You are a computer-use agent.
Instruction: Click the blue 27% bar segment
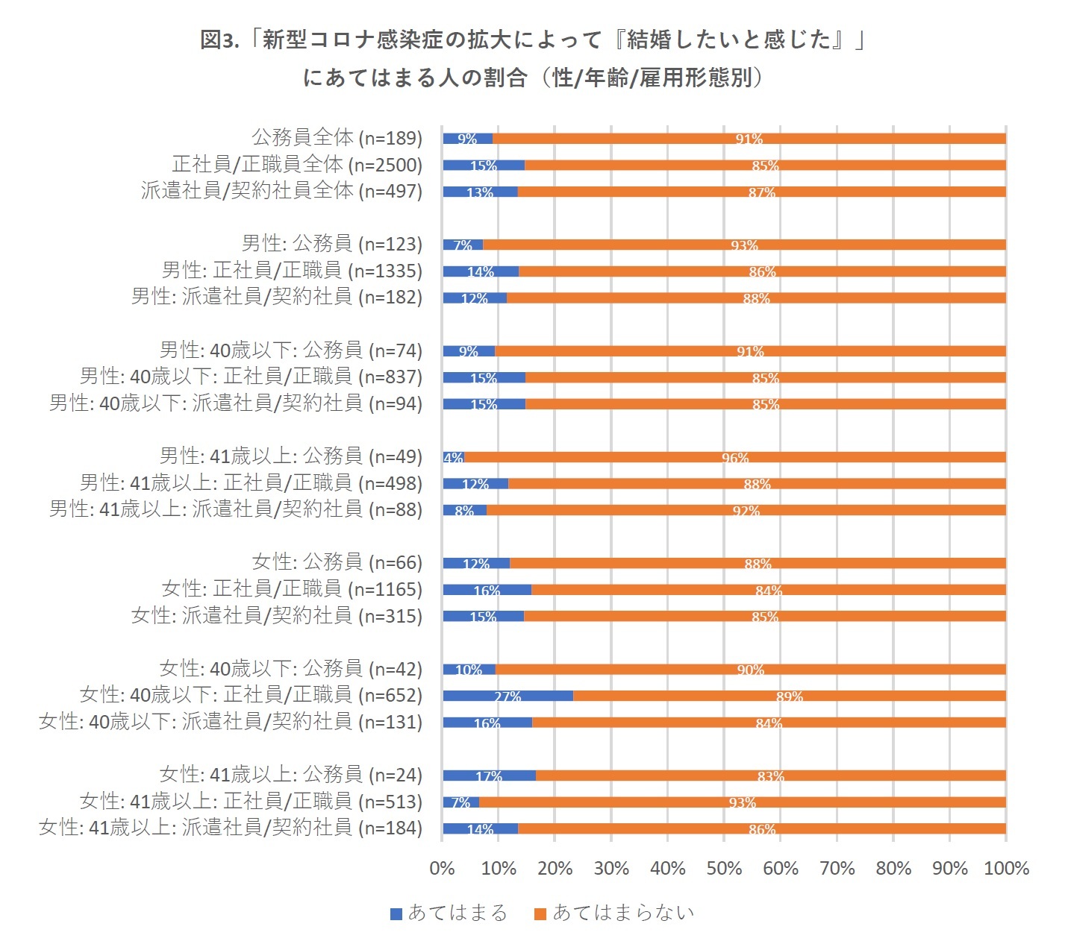tap(508, 696)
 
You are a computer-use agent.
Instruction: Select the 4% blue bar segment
tap(453, 457)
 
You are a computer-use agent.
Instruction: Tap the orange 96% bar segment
tap(734, 457)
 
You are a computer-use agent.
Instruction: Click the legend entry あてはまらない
tap(615, 913)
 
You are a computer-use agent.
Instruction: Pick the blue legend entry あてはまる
tap(449, 913)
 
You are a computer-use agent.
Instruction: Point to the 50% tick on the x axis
tap(724, 868)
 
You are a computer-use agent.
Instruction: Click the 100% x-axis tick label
tap(1006, 868)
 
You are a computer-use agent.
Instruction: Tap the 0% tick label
tap(442, 868)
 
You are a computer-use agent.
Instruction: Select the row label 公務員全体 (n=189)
tap(337, 138)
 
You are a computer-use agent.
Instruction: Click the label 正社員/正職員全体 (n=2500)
tap(297, 164)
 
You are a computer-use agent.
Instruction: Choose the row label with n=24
tap(290, 775)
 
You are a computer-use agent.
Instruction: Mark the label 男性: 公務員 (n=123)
tap(331, 244)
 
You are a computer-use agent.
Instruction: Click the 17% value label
tap(489, 776)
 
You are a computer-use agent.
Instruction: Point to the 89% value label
tap(789, 696)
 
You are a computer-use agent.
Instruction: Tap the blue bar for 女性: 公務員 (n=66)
tap(476, 563)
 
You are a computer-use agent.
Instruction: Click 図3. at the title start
tap(219, 40)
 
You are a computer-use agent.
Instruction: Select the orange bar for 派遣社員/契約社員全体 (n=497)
tap(761, 192)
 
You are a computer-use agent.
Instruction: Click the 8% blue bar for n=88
tap(464, 510)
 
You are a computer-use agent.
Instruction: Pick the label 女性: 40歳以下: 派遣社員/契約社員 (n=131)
tap(231, 722)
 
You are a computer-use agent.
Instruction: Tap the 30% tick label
tap(611, 868)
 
